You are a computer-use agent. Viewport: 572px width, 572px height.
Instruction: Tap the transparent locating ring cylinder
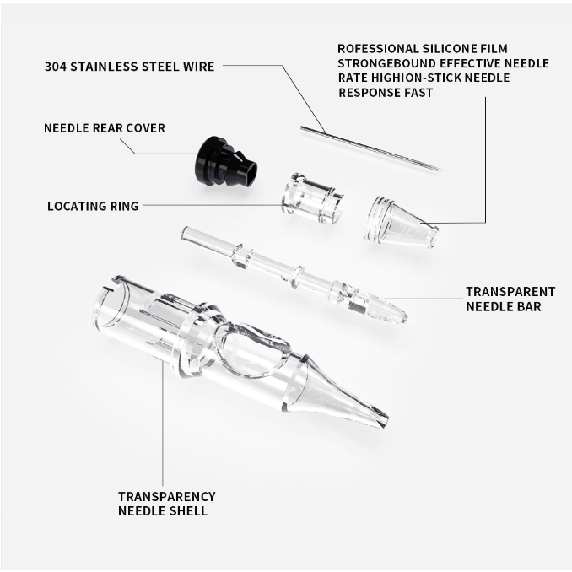[313, 198]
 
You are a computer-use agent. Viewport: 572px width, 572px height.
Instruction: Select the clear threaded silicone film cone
[401, 222]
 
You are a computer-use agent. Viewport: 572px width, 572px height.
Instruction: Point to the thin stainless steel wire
[370, 148]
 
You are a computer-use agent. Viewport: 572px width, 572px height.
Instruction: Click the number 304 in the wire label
[56, 67]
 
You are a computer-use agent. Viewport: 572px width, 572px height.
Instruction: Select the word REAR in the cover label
[108, 128]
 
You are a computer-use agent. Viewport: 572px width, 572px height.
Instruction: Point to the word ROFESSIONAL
[378, 49]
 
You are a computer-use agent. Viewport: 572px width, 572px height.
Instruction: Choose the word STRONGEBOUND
[386, 63]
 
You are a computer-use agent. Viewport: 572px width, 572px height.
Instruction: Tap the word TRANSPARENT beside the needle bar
[510, 292]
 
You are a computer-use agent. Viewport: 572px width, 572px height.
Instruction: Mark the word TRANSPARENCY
[167, 496]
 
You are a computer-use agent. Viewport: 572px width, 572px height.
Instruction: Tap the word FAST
[418, 93]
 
